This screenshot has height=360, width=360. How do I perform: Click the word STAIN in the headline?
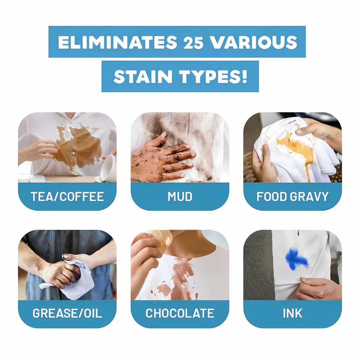(x=143, y=77)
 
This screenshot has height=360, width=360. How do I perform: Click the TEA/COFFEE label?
(x=67, y=196)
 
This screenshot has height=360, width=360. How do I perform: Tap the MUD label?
(x=180, y=196)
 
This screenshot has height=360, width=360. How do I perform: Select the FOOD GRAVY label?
(x=292, y=196)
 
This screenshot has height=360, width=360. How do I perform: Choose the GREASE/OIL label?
(x=67, y=313)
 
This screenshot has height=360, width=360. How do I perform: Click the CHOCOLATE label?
(x=180, y=313)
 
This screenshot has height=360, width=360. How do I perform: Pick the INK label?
(x=292, y=313)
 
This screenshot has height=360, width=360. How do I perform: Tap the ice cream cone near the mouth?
(x=157, y=239)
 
